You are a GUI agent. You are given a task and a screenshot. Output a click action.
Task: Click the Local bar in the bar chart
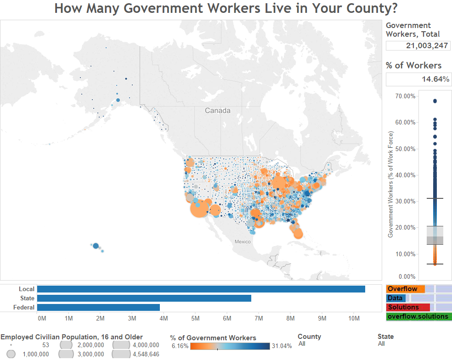201,289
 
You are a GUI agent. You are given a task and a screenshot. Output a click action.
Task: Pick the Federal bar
98,307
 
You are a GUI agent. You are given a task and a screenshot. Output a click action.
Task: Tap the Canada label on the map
218,111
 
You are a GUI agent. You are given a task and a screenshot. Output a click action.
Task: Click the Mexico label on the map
243,242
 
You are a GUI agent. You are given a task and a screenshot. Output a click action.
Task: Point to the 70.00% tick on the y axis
405,96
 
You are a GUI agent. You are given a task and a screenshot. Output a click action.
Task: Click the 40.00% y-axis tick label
405,175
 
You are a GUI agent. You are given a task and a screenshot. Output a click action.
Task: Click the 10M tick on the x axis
354,318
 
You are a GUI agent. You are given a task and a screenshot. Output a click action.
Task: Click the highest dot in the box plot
435,101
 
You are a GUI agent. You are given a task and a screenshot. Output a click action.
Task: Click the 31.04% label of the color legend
281,346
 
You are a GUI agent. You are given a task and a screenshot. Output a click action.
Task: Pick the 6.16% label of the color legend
179,346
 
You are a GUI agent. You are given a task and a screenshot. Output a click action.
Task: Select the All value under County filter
302,343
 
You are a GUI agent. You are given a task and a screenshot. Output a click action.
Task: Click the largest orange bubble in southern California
200,209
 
